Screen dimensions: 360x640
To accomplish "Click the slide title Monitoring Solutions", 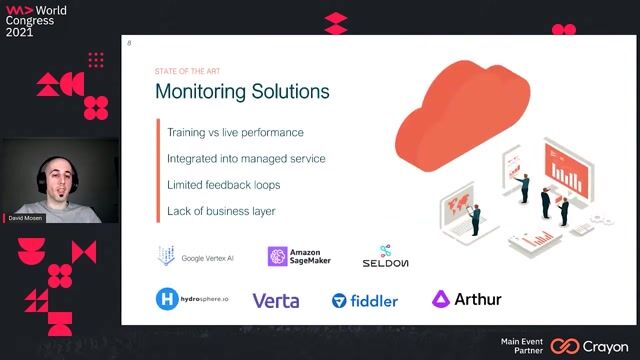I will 241,92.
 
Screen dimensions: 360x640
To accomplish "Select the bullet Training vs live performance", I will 235,132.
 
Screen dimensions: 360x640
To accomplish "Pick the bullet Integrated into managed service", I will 246,158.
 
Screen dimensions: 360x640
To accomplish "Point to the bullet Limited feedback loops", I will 223,185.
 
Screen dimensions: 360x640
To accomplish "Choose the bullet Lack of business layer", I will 221,211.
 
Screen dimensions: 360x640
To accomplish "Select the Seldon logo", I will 385,257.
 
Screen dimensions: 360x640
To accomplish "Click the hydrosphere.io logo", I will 191,299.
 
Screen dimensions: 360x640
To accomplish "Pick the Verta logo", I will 275,300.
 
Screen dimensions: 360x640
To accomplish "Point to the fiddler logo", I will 365,300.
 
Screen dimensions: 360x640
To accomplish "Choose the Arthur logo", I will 467,299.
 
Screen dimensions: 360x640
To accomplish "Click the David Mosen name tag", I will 26,217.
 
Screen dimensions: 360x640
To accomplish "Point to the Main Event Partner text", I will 522,346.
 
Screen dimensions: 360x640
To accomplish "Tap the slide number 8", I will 129,43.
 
